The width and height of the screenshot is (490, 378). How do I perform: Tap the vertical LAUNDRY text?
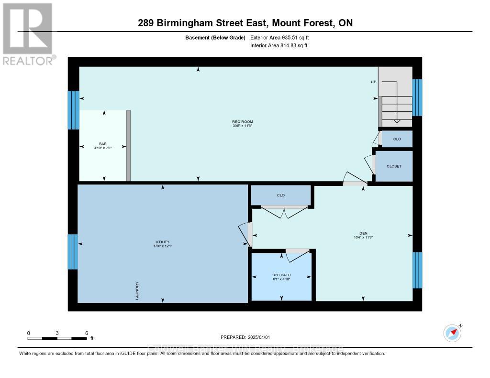point(137,291)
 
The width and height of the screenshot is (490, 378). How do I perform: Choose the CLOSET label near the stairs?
point(394,166)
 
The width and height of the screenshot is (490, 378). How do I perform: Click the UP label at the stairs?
point(374,82)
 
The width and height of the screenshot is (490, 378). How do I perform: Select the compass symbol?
point(452,333)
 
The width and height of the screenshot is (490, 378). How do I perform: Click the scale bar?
point(57,338)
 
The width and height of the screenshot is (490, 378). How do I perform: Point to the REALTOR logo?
point(27,33)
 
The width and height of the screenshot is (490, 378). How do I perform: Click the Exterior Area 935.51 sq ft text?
point(283,37)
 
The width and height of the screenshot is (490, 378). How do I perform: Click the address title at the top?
point(245,23)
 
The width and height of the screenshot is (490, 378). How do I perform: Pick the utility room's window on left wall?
point(73,252)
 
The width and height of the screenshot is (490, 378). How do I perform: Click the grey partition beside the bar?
point(128,146)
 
